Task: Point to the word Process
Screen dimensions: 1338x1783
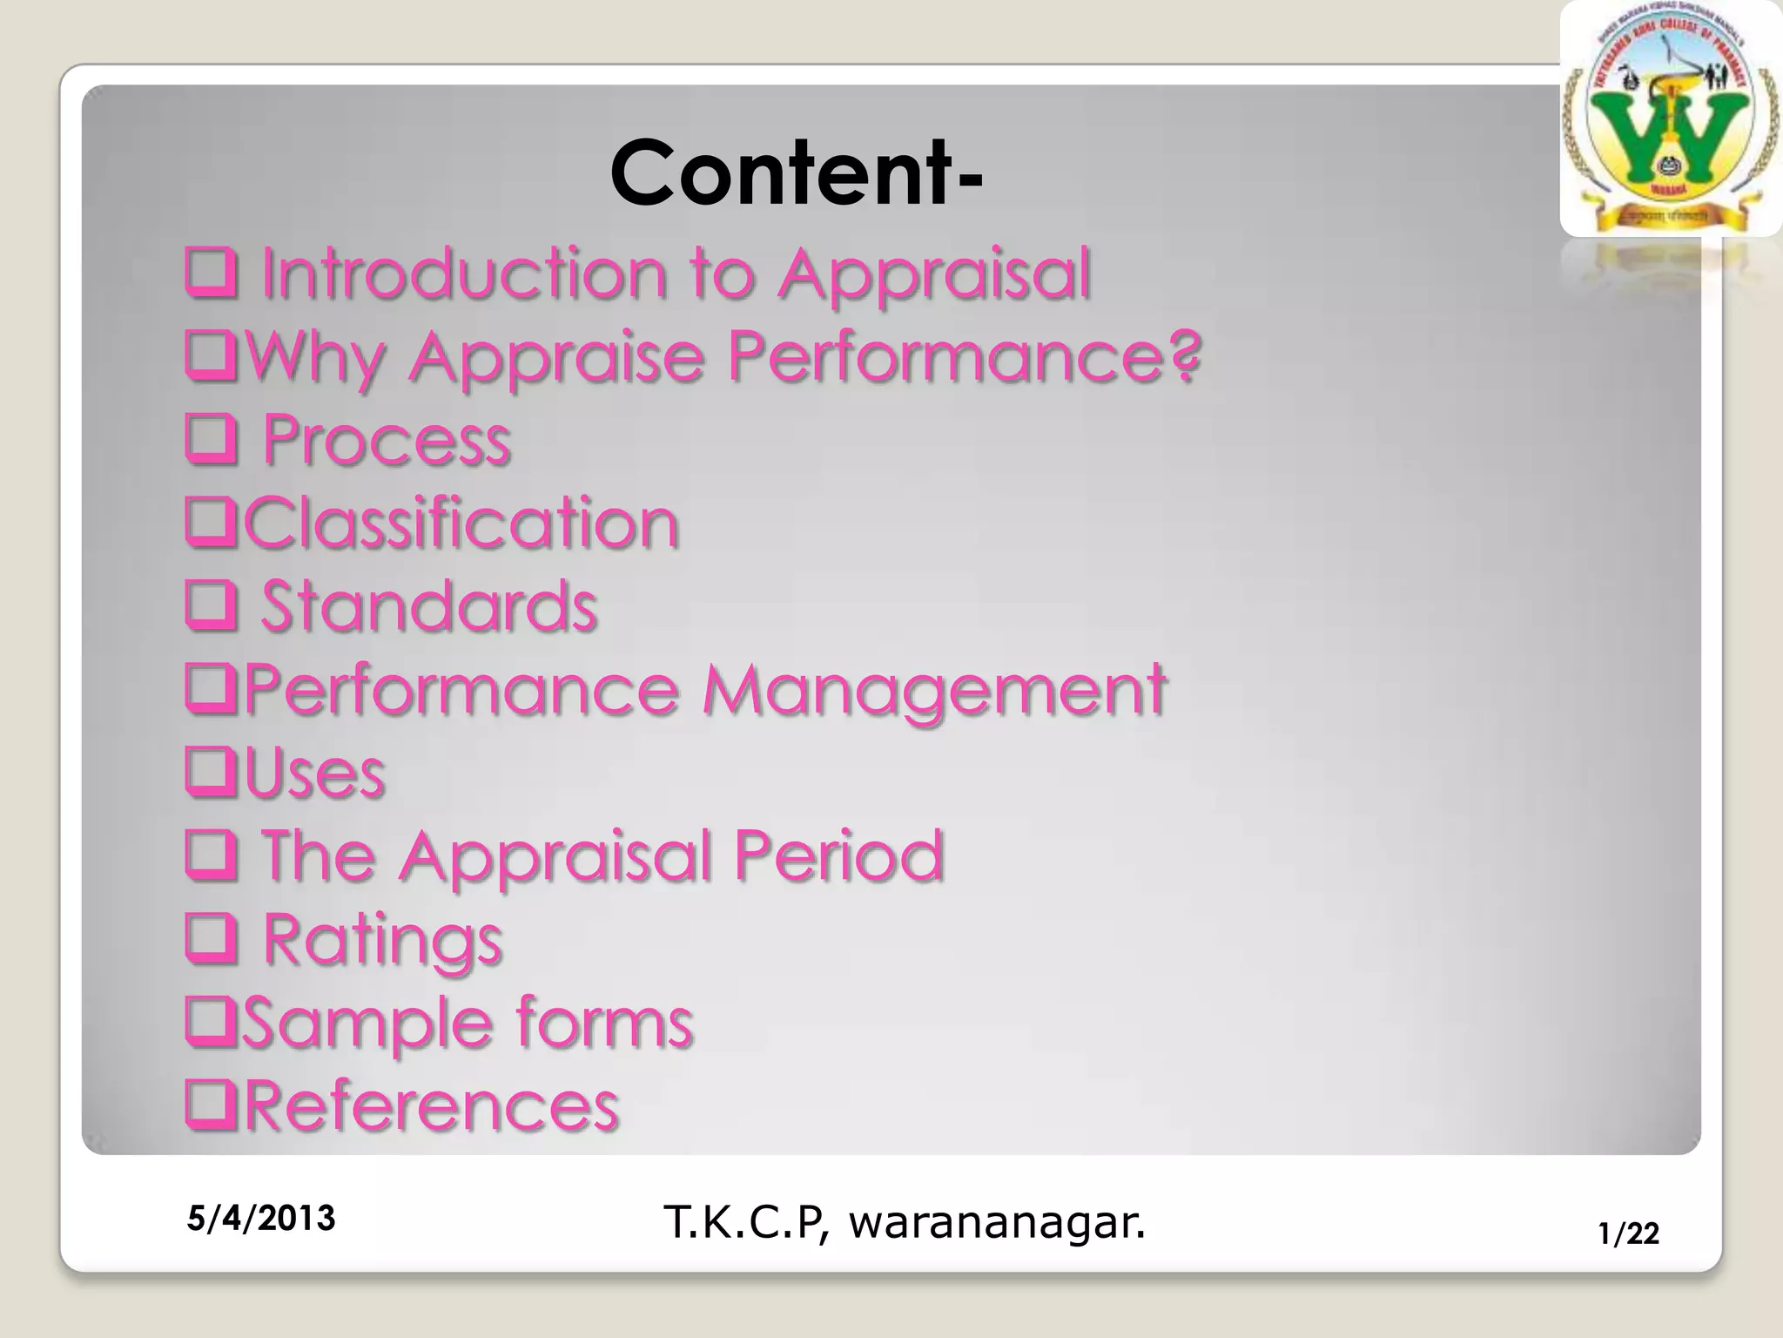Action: (387, 439)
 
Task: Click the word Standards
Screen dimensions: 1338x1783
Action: (428, 605)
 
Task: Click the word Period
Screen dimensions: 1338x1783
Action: (838, 855)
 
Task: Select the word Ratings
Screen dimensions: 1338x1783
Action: (382, 940)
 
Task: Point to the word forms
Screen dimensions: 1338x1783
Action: (604, 1021)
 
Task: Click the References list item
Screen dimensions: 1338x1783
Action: (431, 1105)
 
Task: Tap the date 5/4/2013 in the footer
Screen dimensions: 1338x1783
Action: (261, 1218)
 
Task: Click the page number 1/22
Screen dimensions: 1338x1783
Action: (1628, 1233)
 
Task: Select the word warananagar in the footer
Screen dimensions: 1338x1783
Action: (996, 1222)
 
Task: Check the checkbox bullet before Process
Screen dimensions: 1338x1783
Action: (211, 440)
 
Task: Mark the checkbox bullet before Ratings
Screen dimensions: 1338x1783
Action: (211, 939)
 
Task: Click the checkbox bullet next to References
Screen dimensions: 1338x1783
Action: (211, 1105)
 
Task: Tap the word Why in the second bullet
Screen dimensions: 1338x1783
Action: (315, 357)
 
